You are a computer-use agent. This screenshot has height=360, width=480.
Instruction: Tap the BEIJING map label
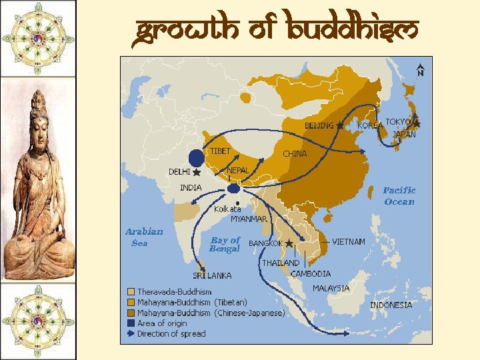point(319,125)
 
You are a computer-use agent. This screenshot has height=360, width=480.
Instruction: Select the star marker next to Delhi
point(197,173)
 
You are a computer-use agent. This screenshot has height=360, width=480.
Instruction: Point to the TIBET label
point(220,151)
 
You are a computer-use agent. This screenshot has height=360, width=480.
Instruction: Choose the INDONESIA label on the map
point(391,305)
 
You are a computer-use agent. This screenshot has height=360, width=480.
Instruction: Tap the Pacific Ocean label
point(399,196)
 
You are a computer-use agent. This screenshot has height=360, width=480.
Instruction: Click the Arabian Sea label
point(144,237)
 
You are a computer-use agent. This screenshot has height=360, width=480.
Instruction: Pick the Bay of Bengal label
point(225,244)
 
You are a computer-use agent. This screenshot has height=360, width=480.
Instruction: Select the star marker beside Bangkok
point(289,244)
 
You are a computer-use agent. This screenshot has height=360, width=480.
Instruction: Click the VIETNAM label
point(348,241)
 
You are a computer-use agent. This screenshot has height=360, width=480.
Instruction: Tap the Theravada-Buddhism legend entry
point(174,292)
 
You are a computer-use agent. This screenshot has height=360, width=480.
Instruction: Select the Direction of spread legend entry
point(171,334)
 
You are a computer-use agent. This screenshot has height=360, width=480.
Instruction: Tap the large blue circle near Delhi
point(196,158)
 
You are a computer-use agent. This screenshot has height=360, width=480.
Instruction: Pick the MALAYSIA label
point(331,289)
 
